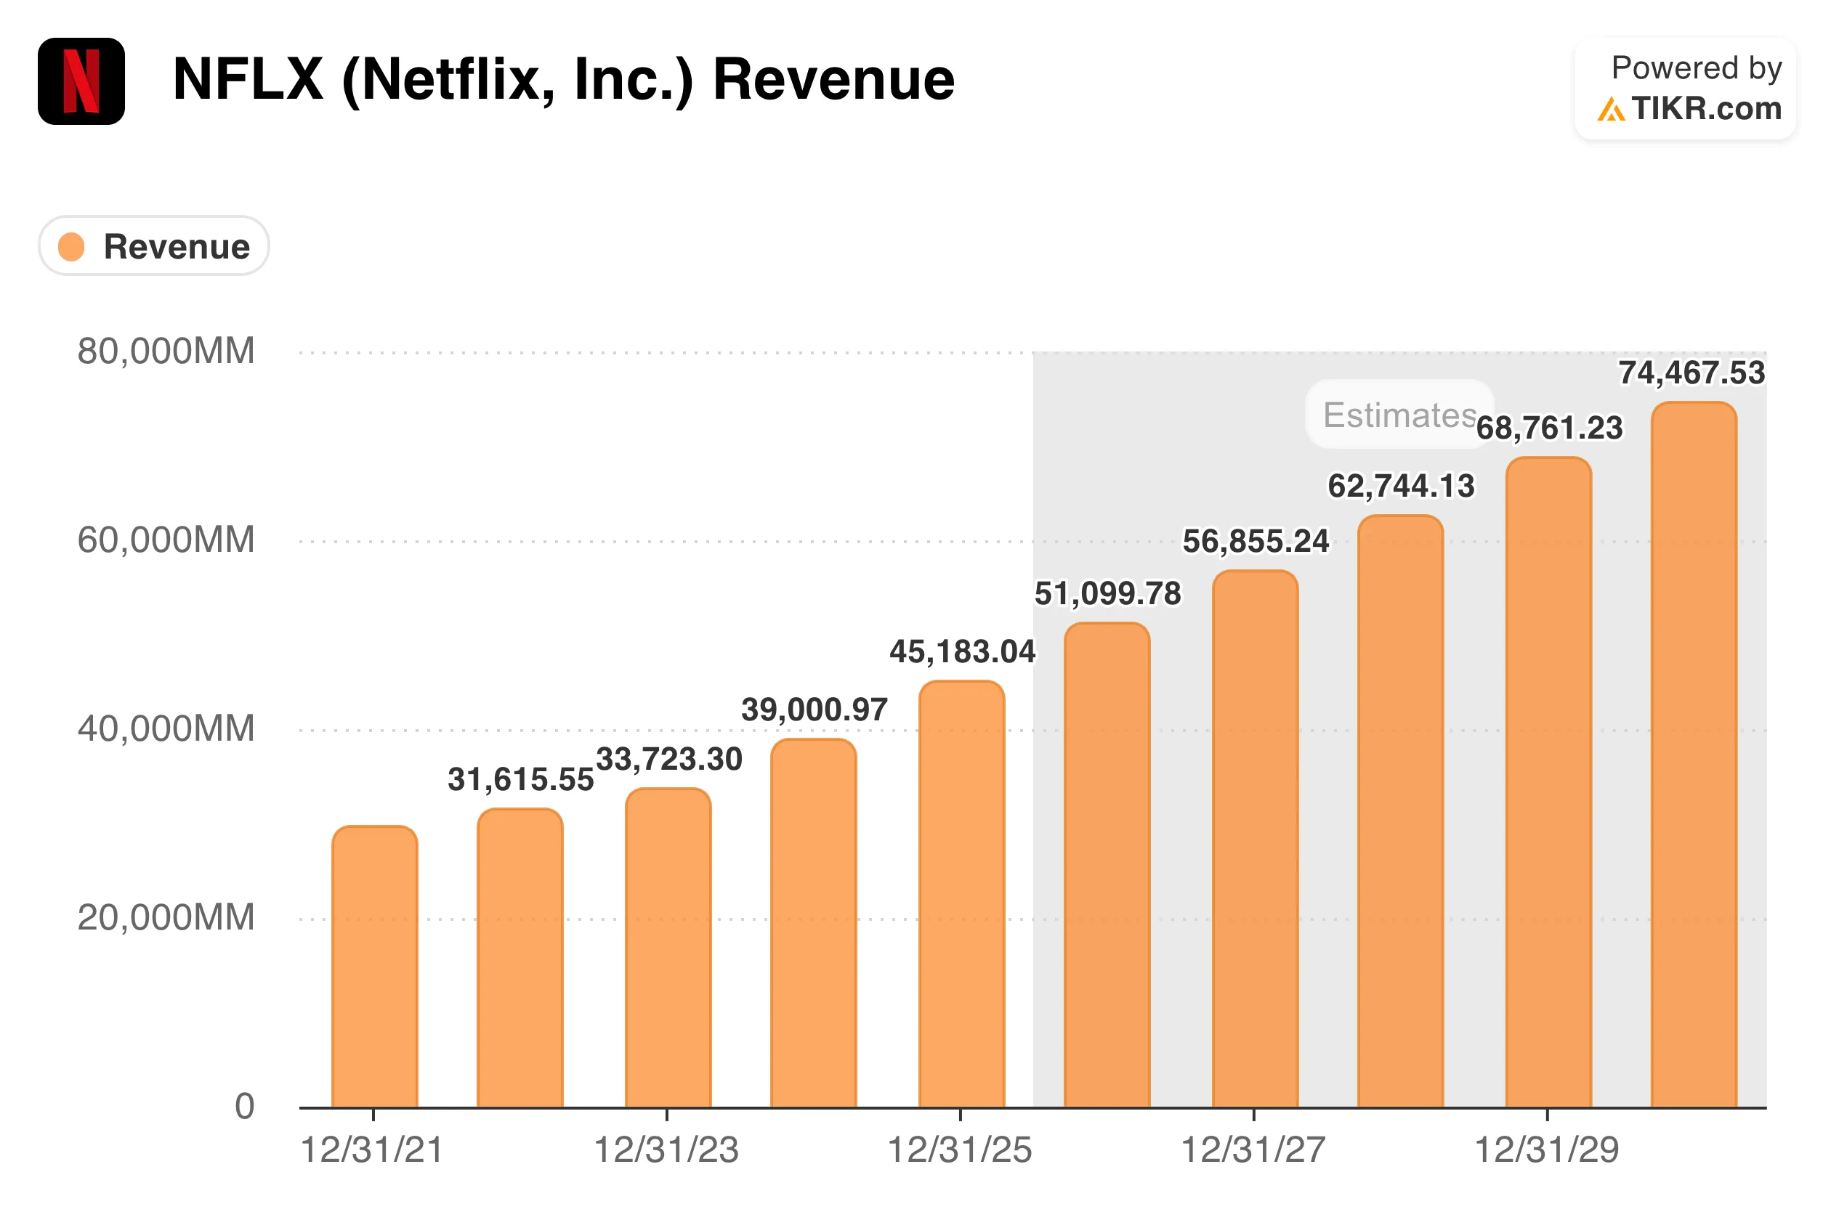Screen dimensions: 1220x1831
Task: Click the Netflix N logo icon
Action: coord(81,81)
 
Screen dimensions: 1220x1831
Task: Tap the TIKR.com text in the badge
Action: coord(1706,108)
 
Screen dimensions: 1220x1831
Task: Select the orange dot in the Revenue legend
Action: coord(72,247)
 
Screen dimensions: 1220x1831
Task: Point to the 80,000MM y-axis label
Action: coord(166,351)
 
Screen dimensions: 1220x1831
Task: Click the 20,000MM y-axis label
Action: coord(166,917)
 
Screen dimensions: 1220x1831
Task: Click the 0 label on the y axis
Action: coord(244,1105)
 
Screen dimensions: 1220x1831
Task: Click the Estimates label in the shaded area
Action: coord(1399,415)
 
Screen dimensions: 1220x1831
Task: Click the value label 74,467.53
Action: coord(1691,373)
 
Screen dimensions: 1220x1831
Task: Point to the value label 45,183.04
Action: coord(962,651)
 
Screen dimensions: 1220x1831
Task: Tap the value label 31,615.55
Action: coord(520,778)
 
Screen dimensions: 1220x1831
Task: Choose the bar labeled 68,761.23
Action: coord(1548,782)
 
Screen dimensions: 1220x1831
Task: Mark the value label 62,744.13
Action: coord(1401,486)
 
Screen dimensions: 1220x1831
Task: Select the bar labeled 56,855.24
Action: coord(1254,839)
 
